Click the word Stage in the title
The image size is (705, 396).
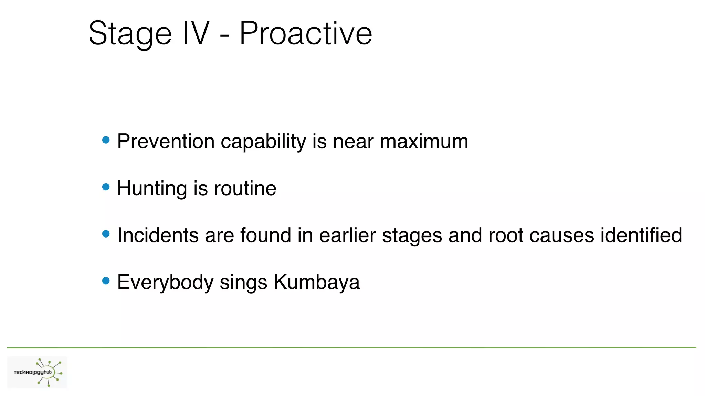point(130,34)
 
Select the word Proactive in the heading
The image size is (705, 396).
point(306,33)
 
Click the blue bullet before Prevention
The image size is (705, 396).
point(106,140)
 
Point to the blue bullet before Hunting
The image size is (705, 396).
point(106,187)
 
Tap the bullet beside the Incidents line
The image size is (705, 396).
point(106,234)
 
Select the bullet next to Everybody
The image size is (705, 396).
point(106,281)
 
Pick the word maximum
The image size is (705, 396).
point(424,141)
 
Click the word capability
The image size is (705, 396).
point(263,142)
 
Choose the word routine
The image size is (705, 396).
point(245,188)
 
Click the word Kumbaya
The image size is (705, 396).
point(316,283)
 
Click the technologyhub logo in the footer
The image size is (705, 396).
point(37,372)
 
